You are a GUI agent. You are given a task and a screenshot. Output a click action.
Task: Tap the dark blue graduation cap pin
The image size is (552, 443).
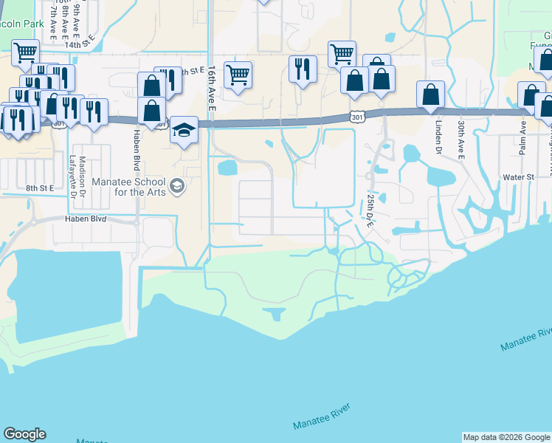pyautogui.click(x=184, y=131)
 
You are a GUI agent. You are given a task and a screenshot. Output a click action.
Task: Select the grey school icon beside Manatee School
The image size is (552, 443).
pyautogui.click(x=176, y=185)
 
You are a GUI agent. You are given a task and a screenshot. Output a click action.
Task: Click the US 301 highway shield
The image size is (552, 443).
pyautogui.click(x=357, y=117)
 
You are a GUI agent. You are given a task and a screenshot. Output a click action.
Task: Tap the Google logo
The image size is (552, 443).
pyautogui.click(x=24, y=434)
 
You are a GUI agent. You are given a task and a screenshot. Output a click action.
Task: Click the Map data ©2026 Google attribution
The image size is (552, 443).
pyautogui.click(x=506, y=437)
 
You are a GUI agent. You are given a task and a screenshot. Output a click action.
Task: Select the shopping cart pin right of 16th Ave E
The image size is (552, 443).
pyautogui.click(x=238, y=74)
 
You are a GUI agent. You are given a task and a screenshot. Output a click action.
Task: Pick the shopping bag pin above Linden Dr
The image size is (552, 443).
pyautogui.click(x=430, y=94)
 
